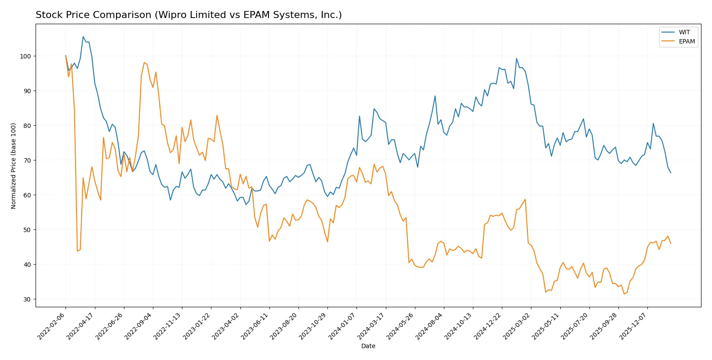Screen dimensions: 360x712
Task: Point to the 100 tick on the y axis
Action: click(x=25, y=56)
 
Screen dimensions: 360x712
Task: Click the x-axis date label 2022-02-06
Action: click(x=52, y=326)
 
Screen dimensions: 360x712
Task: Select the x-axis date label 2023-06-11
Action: click(x=255, y=326)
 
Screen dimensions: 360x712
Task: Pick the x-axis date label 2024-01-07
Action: click(x=342, y=326)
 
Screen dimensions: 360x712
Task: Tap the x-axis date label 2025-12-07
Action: click(x=633, y=326)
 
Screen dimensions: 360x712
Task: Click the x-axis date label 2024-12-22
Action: click(x=488, y=326)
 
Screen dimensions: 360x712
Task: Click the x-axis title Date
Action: click(x=368, y=346)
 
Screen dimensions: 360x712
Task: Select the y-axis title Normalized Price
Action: click(x=14, y=166)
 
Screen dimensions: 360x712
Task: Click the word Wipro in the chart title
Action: click(x=168, y=15)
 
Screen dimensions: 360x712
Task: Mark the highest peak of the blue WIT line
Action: click(x=83, y=37)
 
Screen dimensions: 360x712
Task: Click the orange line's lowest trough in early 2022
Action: click(x=77, y=251)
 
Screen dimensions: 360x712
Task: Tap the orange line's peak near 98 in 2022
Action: click(x=144, y=62)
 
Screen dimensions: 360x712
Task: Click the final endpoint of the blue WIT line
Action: click(x=671, y=173)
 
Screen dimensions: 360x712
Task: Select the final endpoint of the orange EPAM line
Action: click(x=671, y=243)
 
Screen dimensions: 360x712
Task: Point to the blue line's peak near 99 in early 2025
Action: click(x=516, y=58)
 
